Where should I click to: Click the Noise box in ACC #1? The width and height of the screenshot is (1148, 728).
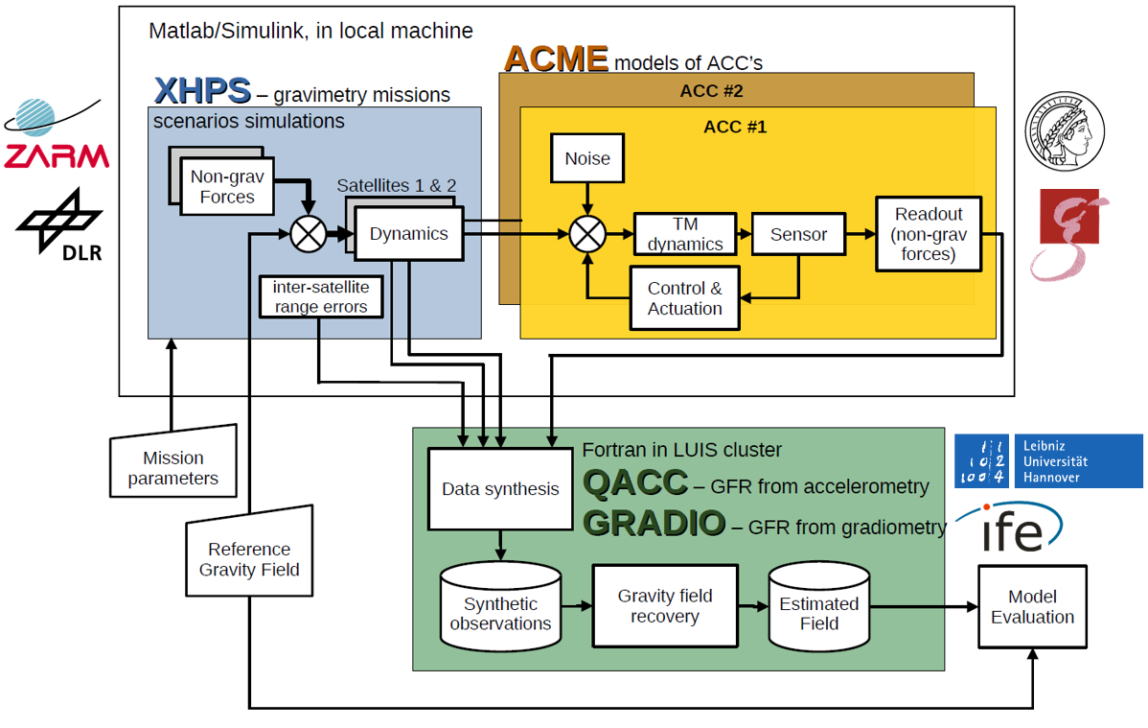[x=586, y=158]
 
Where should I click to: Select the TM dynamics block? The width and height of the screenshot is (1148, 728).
[x=684, y=234]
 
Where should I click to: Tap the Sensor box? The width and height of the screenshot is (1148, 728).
[x=798, y=234]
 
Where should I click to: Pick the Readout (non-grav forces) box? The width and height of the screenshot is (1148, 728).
[x=928, y=234]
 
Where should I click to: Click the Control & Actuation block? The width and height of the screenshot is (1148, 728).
[x=684, y=298]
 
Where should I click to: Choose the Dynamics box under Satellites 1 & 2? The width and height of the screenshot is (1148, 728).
[x=409, y=233]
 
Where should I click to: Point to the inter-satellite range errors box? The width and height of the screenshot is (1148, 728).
[x=321, y=297]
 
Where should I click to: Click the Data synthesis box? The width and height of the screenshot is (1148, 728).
[x=500, y=489]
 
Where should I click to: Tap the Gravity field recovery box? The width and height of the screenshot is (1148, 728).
[x=664, y=606]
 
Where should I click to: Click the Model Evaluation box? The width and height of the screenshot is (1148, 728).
[x=1032, y=607]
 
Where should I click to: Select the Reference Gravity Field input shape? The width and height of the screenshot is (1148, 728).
[x=249, y=554]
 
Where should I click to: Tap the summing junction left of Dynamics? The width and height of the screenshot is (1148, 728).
[x=309, y=233]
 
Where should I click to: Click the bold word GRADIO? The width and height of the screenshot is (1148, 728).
[x=654, y=524]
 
